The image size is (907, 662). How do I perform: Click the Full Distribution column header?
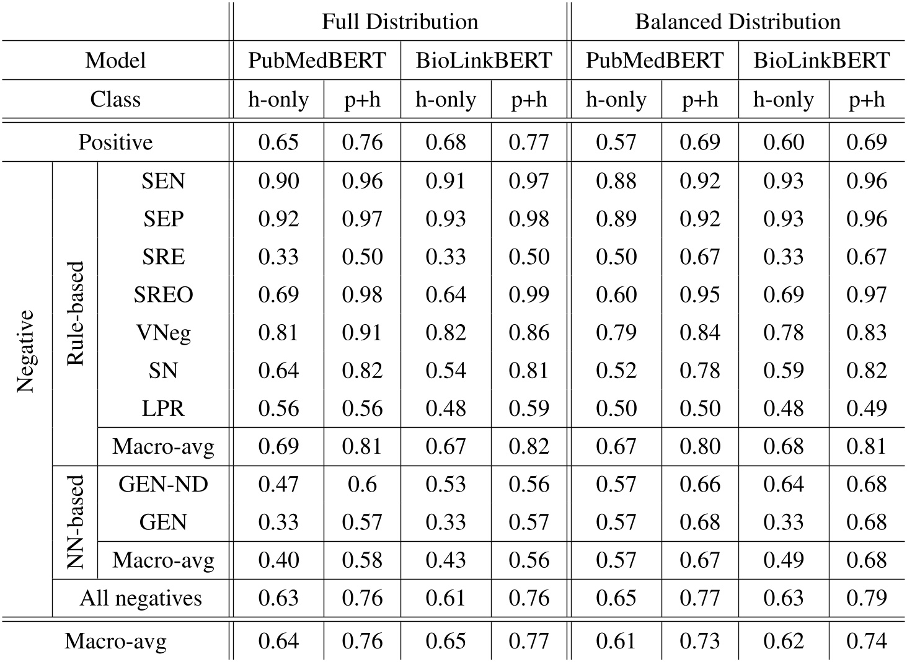point(400,22)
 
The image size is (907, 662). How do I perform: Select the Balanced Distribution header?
point(738,22)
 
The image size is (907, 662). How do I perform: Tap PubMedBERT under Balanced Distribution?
point(654,60)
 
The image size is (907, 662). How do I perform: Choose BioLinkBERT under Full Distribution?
point(484,60)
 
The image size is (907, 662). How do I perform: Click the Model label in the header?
point(115,60)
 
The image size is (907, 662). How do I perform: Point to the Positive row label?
point(115,142)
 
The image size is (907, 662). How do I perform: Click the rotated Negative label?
point(25,351)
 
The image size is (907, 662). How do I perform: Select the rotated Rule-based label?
point(75,313)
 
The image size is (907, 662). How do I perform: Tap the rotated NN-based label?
point(75,523)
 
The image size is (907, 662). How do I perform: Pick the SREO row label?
point(163,294)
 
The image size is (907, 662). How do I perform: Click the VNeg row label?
point(163,333)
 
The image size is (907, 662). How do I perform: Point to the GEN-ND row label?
point(163,484)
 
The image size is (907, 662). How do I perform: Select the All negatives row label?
point(141,598)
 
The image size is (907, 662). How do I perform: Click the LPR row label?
point(163,408)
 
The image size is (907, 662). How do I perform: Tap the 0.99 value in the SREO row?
point(529,294)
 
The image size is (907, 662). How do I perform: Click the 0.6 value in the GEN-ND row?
point(362,484)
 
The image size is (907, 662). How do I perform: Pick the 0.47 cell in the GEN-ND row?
point(278,484)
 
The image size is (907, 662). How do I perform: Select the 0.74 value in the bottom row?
point(867,641)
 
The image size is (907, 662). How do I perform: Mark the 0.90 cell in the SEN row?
point(278,181)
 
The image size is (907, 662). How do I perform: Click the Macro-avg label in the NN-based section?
point(163,560)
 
